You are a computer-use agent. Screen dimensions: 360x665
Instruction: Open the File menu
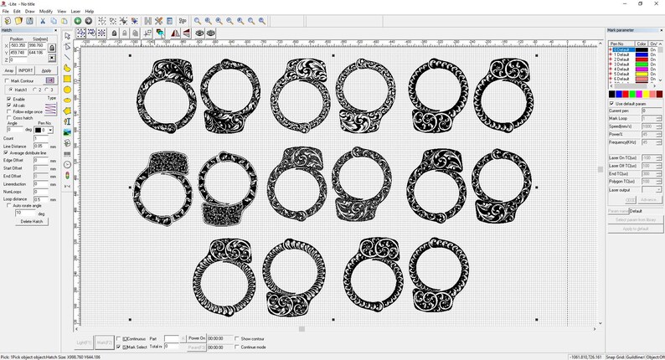[x=5, y=11]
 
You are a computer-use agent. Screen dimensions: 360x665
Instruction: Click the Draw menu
[x=30, y=11]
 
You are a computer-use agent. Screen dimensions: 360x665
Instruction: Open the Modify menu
[x=46, y=11]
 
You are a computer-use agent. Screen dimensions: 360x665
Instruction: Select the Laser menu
[x=75, y=11]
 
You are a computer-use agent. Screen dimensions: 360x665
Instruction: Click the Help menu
[x=90, y=11]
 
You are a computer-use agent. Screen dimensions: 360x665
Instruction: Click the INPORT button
[x=26, y=70]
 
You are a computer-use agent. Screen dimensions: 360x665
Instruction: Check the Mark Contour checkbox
[x=8, y=80]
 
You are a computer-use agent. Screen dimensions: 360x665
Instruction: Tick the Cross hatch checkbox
[x=9, y=117]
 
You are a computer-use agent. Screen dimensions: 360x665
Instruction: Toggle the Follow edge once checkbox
[x=9, y=111]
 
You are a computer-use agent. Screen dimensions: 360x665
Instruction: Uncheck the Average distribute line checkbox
[x=7, y=153]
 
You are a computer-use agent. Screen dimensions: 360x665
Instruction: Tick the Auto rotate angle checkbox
[x=9, y=206]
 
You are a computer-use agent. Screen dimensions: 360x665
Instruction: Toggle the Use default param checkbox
[x=611, y=103]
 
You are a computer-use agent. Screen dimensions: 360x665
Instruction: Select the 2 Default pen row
[x=621, y=59]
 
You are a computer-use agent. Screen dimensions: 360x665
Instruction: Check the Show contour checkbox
[x=237, y=338]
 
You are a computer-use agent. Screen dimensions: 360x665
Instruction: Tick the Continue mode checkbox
[x=237, y=347]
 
